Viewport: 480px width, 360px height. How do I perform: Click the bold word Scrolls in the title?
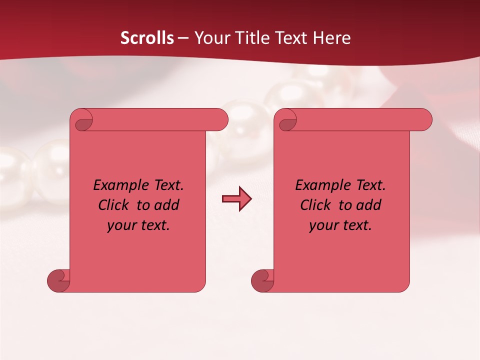click(x=147, y=38)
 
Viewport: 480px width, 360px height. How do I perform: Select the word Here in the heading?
click(x=332, y=38)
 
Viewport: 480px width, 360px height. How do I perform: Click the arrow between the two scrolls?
click(x=236, y=199)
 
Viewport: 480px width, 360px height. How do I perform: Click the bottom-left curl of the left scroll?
click(x=58, y=280)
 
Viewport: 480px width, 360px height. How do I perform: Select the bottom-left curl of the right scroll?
click(x=262, y=280)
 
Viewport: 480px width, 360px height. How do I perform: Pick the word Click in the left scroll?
click(x=109, y=205)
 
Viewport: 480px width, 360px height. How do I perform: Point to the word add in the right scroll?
click(x=369, y=205)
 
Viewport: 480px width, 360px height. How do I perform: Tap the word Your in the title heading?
click(x=210, y=38)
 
